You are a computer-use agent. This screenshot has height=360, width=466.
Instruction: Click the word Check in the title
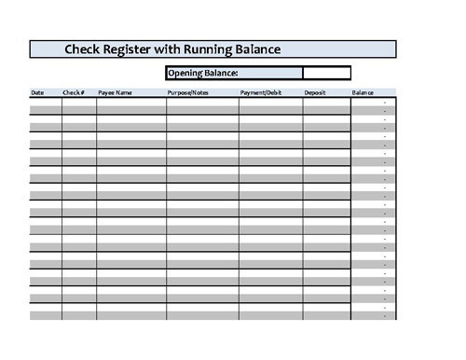84,49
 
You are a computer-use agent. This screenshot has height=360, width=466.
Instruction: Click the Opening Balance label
202,73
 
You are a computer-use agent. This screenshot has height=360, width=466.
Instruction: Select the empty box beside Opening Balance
326,73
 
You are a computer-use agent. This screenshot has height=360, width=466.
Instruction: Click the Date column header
37,92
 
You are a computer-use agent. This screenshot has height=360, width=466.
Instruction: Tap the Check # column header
74,92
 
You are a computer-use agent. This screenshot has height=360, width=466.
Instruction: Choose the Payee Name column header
115,92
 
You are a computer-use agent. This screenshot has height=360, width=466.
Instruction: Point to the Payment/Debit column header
260,92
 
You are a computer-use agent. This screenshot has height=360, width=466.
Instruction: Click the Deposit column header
315,92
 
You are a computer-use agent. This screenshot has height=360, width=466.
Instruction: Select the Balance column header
363,92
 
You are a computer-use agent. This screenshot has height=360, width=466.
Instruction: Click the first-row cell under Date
46,102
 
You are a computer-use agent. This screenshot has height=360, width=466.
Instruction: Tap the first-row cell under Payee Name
130,102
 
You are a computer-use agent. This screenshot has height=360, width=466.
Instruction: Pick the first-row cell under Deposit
326,102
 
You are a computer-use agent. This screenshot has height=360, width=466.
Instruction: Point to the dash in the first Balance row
385,102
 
